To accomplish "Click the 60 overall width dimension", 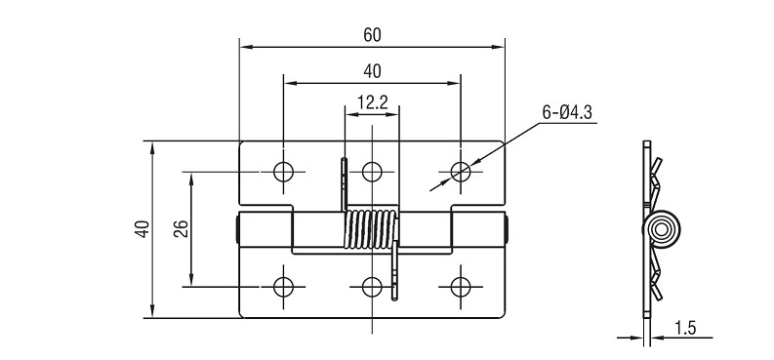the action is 373,35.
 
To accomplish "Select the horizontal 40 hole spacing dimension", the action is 373,71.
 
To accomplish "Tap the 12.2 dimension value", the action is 373,102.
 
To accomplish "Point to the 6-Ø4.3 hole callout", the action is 567,113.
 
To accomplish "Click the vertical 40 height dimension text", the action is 143,229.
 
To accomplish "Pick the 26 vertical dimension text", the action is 182,229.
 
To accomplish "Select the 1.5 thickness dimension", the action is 684,328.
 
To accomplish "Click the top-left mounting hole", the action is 283,172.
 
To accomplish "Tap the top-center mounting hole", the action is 372,172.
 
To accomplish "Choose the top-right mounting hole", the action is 461,172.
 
